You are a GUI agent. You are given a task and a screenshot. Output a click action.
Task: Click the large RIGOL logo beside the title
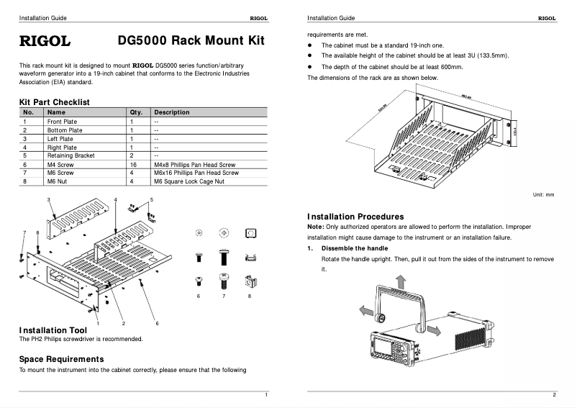[43, 41]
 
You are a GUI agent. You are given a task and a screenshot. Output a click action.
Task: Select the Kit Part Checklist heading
[54, 103]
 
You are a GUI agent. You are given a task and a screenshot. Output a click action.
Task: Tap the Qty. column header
[136, 112]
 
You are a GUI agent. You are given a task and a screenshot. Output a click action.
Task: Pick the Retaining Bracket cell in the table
[71, 155]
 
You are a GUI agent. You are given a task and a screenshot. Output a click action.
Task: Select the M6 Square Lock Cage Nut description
[188, 181]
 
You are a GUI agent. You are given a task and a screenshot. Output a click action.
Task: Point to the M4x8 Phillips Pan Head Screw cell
[194, 165]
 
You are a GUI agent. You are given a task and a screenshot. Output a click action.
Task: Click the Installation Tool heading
[53, 330]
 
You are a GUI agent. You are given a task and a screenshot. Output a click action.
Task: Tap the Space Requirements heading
[61, 359]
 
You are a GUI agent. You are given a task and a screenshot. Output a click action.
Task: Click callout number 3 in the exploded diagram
[48, 199]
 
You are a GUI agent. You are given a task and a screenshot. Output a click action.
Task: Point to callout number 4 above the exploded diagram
[115, 199]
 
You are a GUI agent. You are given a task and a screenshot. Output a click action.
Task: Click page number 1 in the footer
[266, 395]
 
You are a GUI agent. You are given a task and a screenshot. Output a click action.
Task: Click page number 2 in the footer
[554, 395]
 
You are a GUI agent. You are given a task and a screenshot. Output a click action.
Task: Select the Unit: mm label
[543, 195]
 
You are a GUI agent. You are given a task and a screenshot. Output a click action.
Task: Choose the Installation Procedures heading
[355, 217]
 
